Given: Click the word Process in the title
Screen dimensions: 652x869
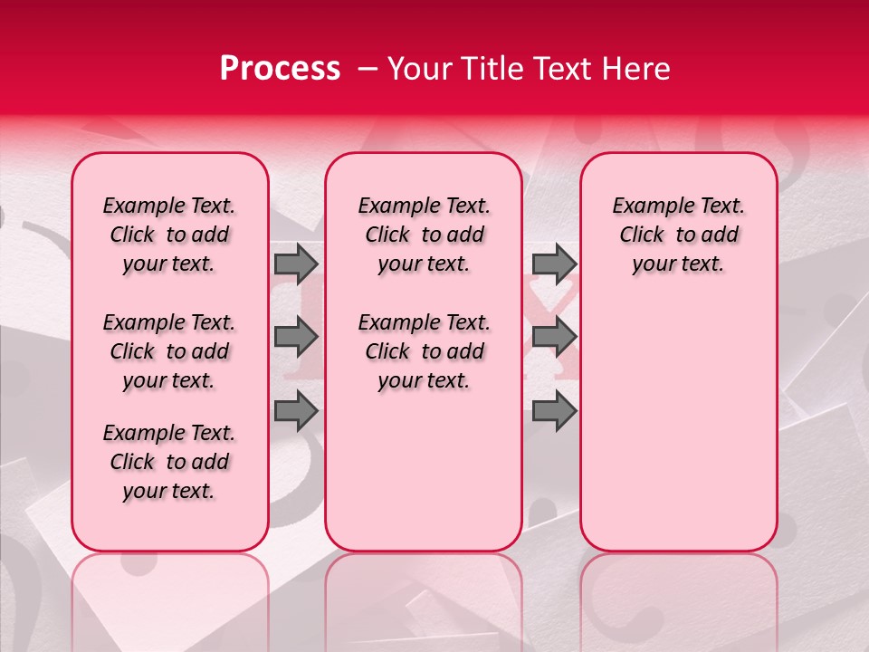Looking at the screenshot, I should coord(280,69).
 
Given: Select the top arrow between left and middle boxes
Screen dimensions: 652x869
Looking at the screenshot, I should coord(296,264).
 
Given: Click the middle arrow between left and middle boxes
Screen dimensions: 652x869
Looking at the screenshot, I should coord(296,338).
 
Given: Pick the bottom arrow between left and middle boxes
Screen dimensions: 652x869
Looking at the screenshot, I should coord(296,411).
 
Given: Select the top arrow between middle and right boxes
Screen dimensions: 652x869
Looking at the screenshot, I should coord(554,264).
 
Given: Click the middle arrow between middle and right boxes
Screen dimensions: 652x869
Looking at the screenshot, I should coord(554,338).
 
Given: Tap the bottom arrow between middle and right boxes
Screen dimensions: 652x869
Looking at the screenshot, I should coord(554,411).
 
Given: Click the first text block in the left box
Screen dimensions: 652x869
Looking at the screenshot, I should coord(169,235).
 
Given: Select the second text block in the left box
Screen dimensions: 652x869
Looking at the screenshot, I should coord(169,351).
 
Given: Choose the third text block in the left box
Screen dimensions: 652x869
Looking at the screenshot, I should coord(169,462).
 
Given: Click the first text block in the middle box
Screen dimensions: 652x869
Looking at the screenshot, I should coord(424,235).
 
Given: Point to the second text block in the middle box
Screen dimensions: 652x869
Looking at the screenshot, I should coord(424,351).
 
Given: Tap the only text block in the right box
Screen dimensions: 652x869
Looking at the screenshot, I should coord(678,235).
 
